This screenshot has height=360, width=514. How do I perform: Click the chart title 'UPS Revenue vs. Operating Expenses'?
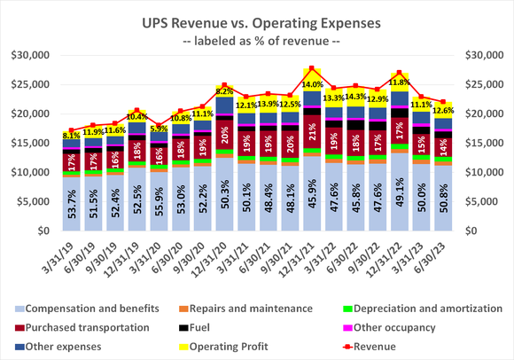point(257,19)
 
